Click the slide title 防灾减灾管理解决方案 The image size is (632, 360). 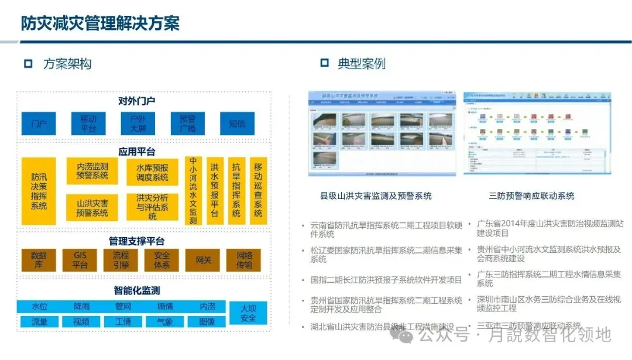coord(100,23)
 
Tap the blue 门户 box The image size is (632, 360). coord(39,124)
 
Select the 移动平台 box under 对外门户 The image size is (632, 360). coord(88,124)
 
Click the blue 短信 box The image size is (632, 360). coord(237,124)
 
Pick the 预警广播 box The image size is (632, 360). coord(187,124)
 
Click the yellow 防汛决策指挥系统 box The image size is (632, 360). coord(39,191)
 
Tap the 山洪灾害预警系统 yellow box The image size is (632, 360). coord(92,208)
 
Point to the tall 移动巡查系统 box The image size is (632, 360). coord(258,191)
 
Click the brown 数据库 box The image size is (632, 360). coord(39,260)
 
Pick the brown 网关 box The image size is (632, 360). coord(203,260)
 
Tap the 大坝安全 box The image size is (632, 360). coord(248,313)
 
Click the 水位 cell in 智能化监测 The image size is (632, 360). coord(39,306)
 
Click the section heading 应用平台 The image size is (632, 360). coord(137,152)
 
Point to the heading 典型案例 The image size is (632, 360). coord(361,64)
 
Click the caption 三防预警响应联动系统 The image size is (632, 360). coord(531,196)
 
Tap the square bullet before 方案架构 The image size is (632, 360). coord(28,64)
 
